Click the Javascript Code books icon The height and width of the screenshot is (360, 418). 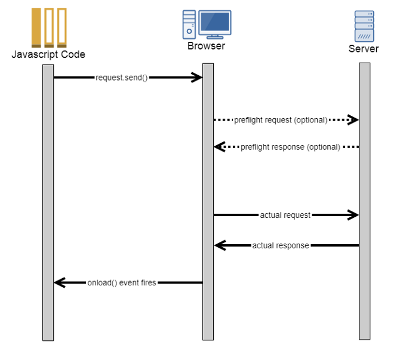pos(48,27)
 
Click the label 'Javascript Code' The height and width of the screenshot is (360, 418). pos(48,54)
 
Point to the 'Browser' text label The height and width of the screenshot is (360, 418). pos(207,45)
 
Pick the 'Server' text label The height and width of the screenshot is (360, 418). pos(364,48)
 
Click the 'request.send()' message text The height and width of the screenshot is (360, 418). pos(121,78)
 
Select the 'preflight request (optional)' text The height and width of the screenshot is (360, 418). pos(281,120)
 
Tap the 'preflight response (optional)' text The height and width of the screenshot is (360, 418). pos(290,147)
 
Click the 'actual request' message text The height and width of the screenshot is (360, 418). pos(285,215)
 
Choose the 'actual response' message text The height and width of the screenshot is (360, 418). pos(280,245)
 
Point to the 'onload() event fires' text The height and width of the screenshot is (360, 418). pos(121,283)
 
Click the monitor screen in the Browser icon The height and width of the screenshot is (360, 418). pos(215,22)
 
